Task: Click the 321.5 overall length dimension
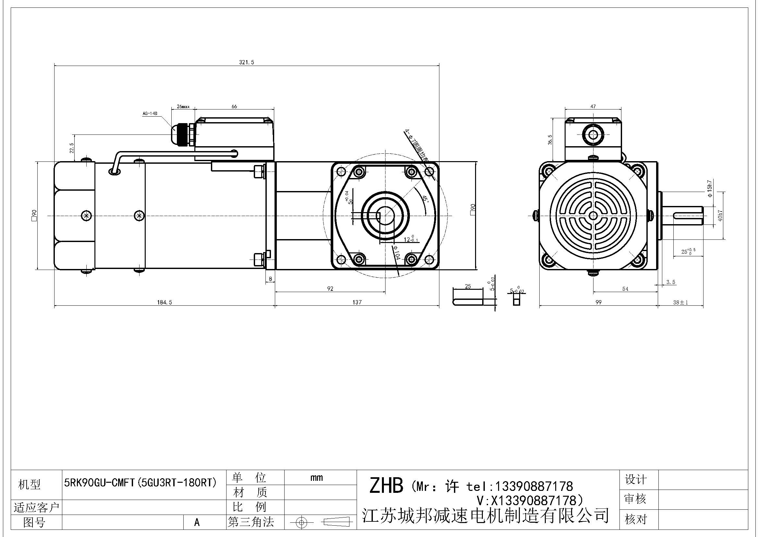246,62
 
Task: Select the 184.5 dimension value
164,302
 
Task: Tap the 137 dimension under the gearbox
357,302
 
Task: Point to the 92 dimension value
330,288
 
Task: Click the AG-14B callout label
149,113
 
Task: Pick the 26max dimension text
183,107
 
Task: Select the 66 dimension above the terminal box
234,107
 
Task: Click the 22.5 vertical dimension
71,148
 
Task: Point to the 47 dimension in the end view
593,107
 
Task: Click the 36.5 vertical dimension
550,140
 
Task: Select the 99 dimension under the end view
598,302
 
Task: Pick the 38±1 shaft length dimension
680,302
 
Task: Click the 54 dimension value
625,289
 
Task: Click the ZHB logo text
386,486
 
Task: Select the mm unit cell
316,478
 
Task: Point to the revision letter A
197,522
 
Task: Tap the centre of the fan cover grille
593,215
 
